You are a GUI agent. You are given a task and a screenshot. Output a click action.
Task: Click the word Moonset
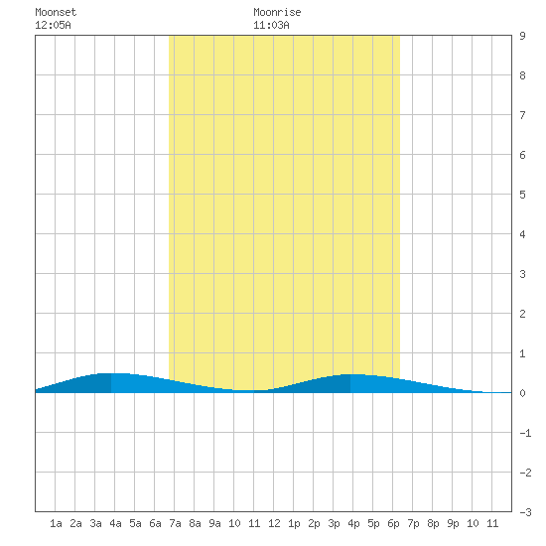56,12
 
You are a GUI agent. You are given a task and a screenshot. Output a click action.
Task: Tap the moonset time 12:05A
53,25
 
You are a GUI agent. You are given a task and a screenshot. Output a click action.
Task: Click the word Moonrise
277,12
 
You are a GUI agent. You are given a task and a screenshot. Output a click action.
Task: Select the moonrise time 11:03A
271,25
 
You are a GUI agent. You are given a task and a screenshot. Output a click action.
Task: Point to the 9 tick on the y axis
522,36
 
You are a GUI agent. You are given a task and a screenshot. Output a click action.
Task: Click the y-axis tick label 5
522,195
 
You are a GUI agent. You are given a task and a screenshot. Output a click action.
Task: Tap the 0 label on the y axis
522,393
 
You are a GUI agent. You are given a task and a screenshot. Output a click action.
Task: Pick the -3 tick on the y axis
525,512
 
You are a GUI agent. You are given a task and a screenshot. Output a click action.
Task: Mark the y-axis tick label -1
525,433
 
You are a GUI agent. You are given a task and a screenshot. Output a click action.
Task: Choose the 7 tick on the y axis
522,115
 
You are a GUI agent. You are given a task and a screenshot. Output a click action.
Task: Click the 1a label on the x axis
56,523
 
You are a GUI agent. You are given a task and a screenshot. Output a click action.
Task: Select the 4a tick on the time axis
115,523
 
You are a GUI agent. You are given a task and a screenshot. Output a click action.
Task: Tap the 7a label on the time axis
175,523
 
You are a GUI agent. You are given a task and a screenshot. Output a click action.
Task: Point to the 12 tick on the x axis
274,523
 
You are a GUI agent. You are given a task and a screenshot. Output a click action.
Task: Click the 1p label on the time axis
294,523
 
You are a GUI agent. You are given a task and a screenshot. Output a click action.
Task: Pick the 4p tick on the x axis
353,523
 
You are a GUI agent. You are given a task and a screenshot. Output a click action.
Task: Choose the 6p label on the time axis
393,523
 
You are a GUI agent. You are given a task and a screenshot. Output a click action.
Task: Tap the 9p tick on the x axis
453,523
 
